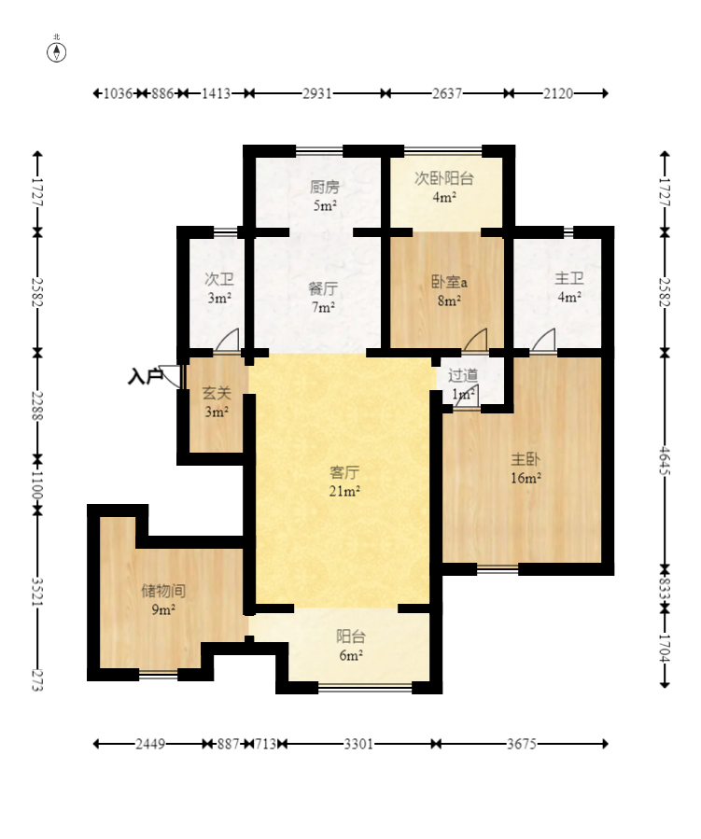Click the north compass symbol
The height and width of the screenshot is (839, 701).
click(x=57, y=52)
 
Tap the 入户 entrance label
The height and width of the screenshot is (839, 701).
click(x=145, y=376)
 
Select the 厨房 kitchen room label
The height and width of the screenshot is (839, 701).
click(x=325, y=187)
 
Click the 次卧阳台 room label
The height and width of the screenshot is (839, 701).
click(x=444, y=178)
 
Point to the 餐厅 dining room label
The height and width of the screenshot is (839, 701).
click(x=323, y=289)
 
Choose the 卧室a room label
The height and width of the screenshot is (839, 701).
click(x=449, y=282)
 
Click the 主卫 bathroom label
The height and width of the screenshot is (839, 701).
click(x=569, y=278)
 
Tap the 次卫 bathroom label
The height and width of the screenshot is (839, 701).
click(x=219, y=279)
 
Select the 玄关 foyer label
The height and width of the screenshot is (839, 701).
click(x=217, y=393)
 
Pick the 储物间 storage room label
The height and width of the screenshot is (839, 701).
click(x=163, y=591)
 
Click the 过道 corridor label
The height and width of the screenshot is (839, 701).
click(x=463, y=375)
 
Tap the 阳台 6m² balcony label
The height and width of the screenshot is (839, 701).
click(x=351, y=646)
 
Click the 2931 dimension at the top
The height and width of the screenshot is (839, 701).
click(x=317, y=93)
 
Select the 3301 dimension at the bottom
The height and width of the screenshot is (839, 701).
click(x=358, y=744)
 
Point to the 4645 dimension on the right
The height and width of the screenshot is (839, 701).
click(x=664, y=461)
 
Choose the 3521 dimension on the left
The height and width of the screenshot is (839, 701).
click(x=37, y=592)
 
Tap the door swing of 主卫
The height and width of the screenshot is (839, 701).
click(x=543, y=340)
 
